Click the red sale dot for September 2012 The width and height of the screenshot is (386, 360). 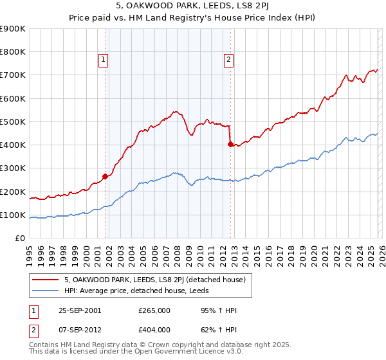[230, 144]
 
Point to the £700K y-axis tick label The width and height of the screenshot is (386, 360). [13, 75]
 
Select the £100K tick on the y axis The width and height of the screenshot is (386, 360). [13, 215]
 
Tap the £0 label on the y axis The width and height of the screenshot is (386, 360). [19, 239]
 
